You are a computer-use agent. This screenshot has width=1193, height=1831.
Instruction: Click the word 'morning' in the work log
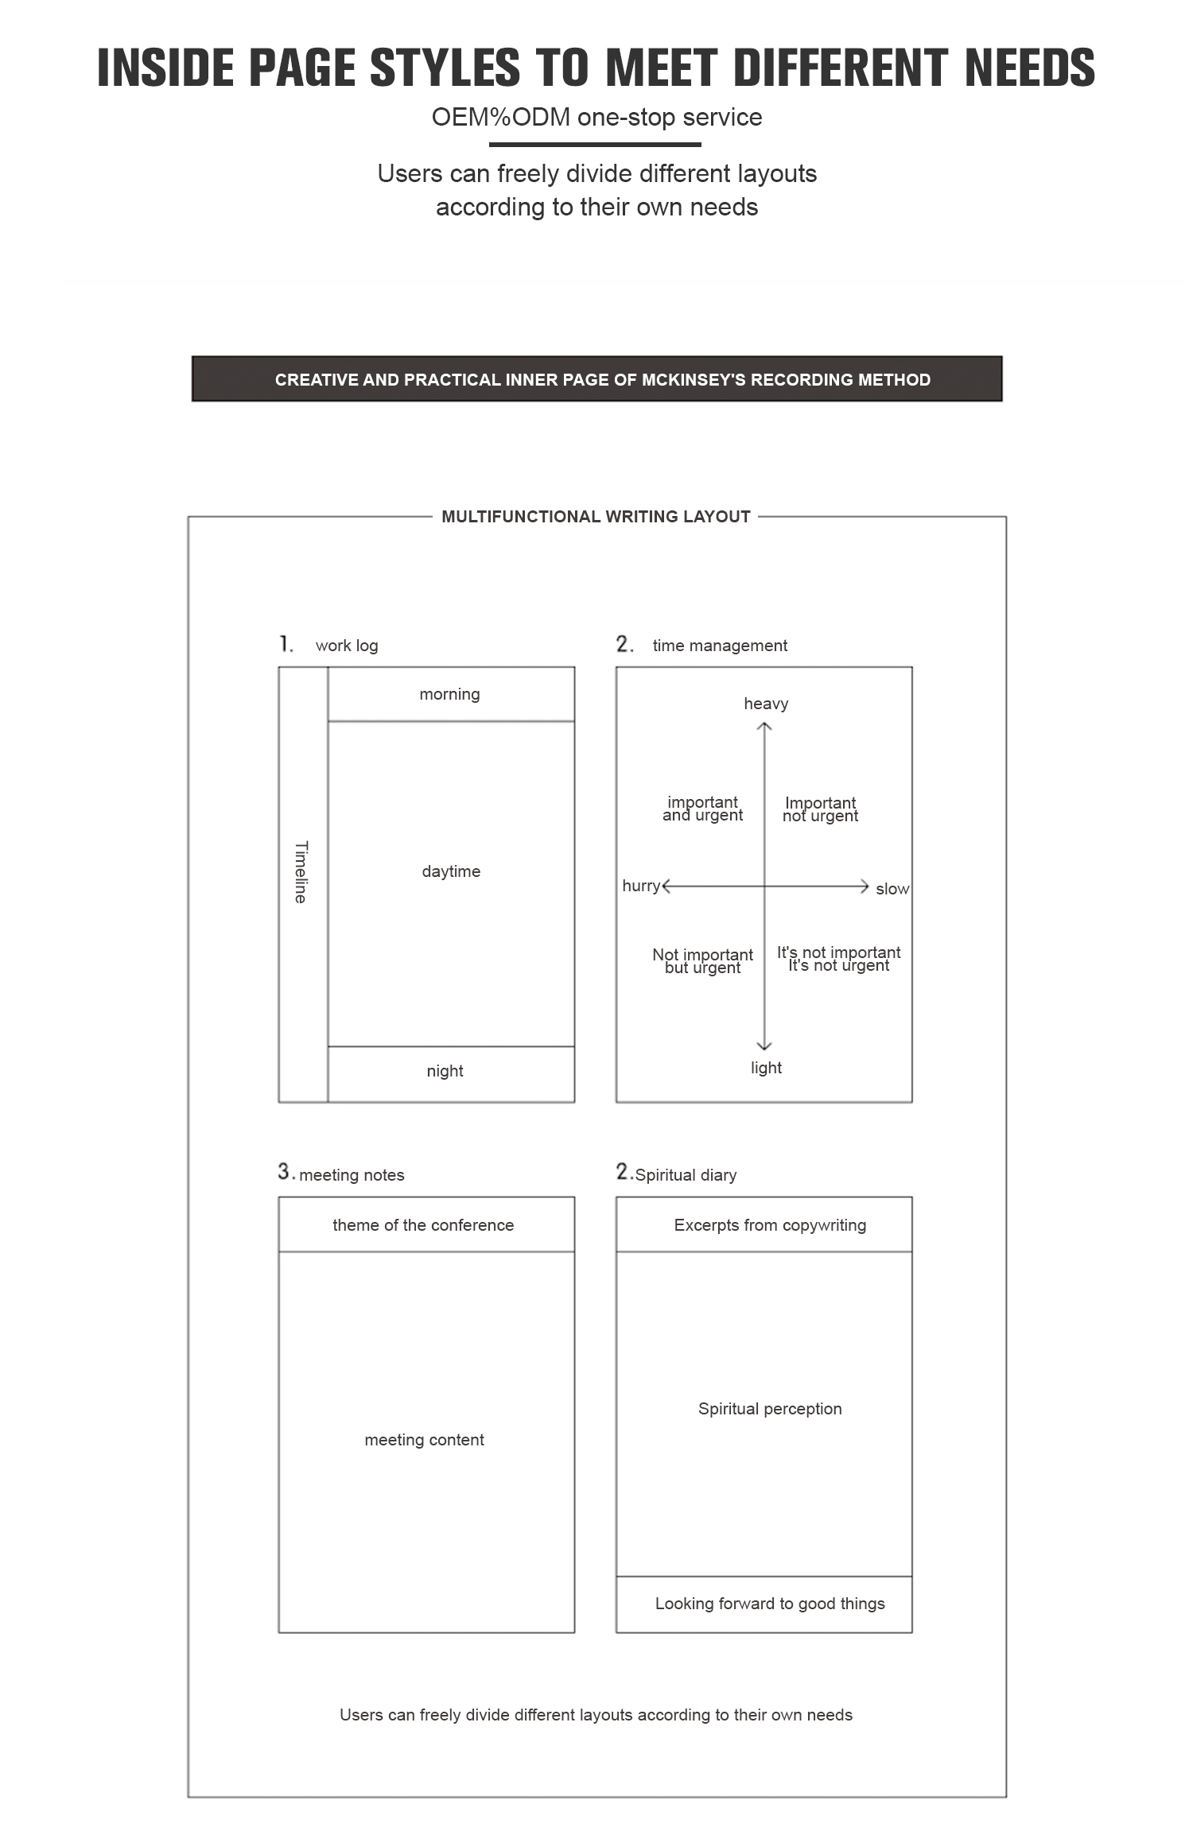tap(449, 694)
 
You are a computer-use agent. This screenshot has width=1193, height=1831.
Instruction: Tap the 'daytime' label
tap(451, 871)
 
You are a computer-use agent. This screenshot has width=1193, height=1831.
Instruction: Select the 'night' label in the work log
tap(445, 1071)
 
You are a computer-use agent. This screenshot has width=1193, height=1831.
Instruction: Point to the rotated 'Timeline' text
tap(301, 872)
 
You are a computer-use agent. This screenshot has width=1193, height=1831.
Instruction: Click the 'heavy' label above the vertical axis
tap(766, 704)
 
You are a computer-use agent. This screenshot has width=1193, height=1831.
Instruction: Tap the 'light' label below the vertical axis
tap(766, 1068)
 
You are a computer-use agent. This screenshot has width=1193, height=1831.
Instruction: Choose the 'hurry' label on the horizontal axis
tap(641, 886)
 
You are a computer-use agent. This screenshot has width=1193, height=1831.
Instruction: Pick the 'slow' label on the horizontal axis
tap(892, 889)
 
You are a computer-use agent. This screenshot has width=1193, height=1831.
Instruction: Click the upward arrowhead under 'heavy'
tap(764, 726)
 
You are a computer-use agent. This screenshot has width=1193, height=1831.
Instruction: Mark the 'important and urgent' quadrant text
tap(702, 809)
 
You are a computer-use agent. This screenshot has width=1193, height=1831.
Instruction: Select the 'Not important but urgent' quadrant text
tap(702, 960)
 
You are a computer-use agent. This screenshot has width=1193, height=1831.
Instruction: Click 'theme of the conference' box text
tap(423, 1225)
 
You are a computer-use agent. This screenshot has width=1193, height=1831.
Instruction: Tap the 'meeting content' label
tap(424, 1440)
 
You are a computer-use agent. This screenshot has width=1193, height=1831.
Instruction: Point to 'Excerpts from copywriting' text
tap(770, 1225)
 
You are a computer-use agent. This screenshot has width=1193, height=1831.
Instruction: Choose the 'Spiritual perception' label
tap(770, 1409)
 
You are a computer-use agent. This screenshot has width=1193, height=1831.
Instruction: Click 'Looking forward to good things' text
tap(770, 1604)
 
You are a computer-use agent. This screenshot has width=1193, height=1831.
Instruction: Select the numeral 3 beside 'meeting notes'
tap(285, 1171)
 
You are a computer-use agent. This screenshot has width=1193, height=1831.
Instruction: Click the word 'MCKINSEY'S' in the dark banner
tap(694, 380)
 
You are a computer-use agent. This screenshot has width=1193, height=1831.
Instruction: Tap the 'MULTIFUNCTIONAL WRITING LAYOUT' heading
tap(596, 517)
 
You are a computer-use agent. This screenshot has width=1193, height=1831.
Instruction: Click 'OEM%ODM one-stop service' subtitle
tap(596, 118)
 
